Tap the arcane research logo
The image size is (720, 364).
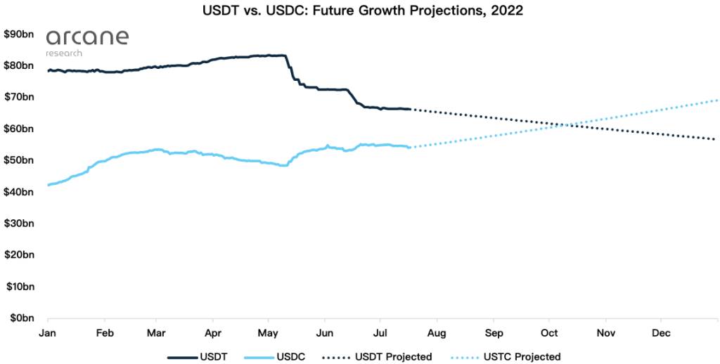pyautogui.click(x=77, y=41)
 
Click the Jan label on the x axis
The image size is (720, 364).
pyautogui.click(x=48, y=332)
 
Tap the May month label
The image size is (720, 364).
pyautogui.click(x=268, y=332)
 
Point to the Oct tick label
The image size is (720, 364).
pyautogui.click(x=549, y=332)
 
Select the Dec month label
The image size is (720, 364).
pyautogui.click(x=661, y=332)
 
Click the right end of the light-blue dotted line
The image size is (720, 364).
pyautogui.click(x=716, y=100)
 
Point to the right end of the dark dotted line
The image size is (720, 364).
pyautogui.click(x=715, y=139)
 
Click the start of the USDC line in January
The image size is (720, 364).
pyautogui.click(x=48, y=185)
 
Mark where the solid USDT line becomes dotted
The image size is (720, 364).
pyautogui.click(x=411, y=109)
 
